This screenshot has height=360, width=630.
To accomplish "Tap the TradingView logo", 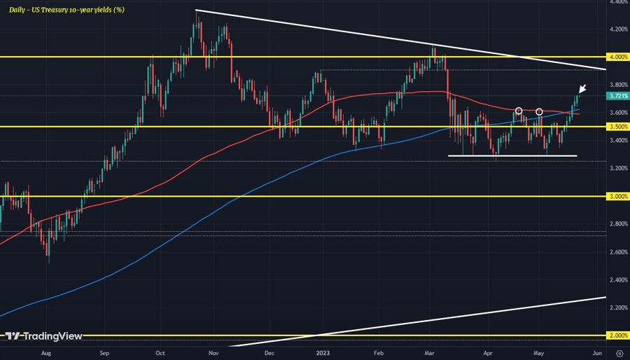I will tap(43, 335).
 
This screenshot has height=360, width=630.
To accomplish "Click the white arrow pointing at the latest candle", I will tap(582, 88).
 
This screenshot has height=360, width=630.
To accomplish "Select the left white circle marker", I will tap(519, 111).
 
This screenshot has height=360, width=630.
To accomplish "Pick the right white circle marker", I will tap(540, 111).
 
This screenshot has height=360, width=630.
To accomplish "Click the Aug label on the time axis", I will tap(46, 354).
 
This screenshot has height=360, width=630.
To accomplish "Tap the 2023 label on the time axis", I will tap(323, 354).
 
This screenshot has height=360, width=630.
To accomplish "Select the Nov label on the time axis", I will tap(214, 354).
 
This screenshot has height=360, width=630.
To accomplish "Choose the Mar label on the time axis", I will tap(431, 354).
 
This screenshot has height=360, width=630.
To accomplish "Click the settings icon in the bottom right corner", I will tap(619, 354).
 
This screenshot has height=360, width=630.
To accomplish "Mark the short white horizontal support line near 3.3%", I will tap(512, 155).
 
